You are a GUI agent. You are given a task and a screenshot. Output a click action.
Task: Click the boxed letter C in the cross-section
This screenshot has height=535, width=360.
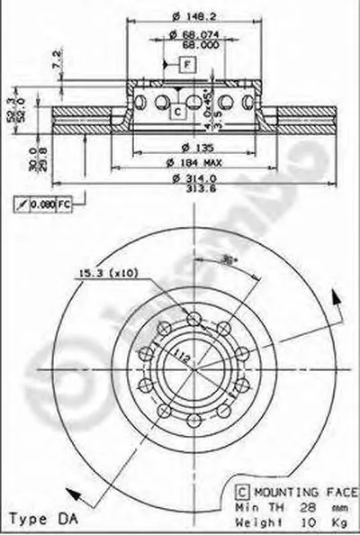178,111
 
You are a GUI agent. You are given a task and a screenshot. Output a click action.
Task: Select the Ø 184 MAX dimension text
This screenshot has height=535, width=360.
195,162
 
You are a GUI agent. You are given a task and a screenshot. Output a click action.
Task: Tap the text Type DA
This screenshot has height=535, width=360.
37,520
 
